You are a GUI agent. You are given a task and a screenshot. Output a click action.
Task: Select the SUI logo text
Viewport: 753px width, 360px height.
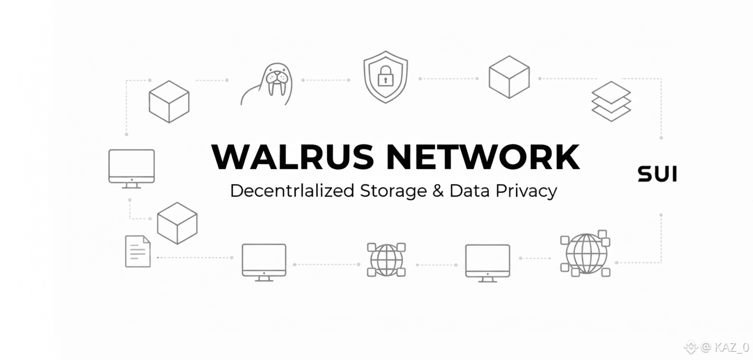tap(657, 174)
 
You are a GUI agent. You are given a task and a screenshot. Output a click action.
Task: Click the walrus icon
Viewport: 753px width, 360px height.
tap(269, 84)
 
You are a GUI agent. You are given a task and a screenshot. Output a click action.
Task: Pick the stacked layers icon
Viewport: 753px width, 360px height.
tap(611, 101)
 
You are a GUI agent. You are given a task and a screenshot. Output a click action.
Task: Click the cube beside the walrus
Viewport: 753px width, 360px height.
tap(169, 101)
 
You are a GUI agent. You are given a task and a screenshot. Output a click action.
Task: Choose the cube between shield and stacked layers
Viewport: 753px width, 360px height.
tap(508, 77)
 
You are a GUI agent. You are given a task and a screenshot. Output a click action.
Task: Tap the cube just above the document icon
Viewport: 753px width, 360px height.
tap(177, 223)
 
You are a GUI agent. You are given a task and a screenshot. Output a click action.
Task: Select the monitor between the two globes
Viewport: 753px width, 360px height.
tap(487, 262)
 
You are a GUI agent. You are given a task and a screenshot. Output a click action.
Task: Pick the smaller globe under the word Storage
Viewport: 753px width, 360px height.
tap(386, 259)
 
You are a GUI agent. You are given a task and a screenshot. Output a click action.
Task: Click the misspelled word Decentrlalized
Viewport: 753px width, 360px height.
tap(292, 191)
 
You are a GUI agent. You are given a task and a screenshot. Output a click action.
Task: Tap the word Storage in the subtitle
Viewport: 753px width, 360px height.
tap(393, 191)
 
